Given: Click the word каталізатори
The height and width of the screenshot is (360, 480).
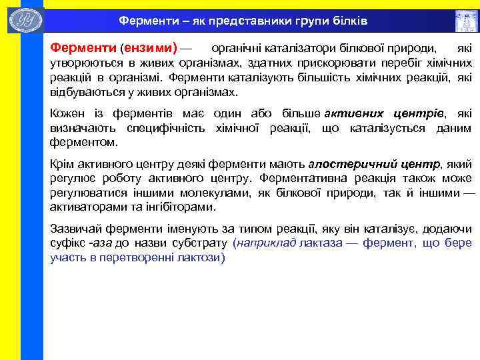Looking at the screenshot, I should pyautogui.click(x=290, y=49).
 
